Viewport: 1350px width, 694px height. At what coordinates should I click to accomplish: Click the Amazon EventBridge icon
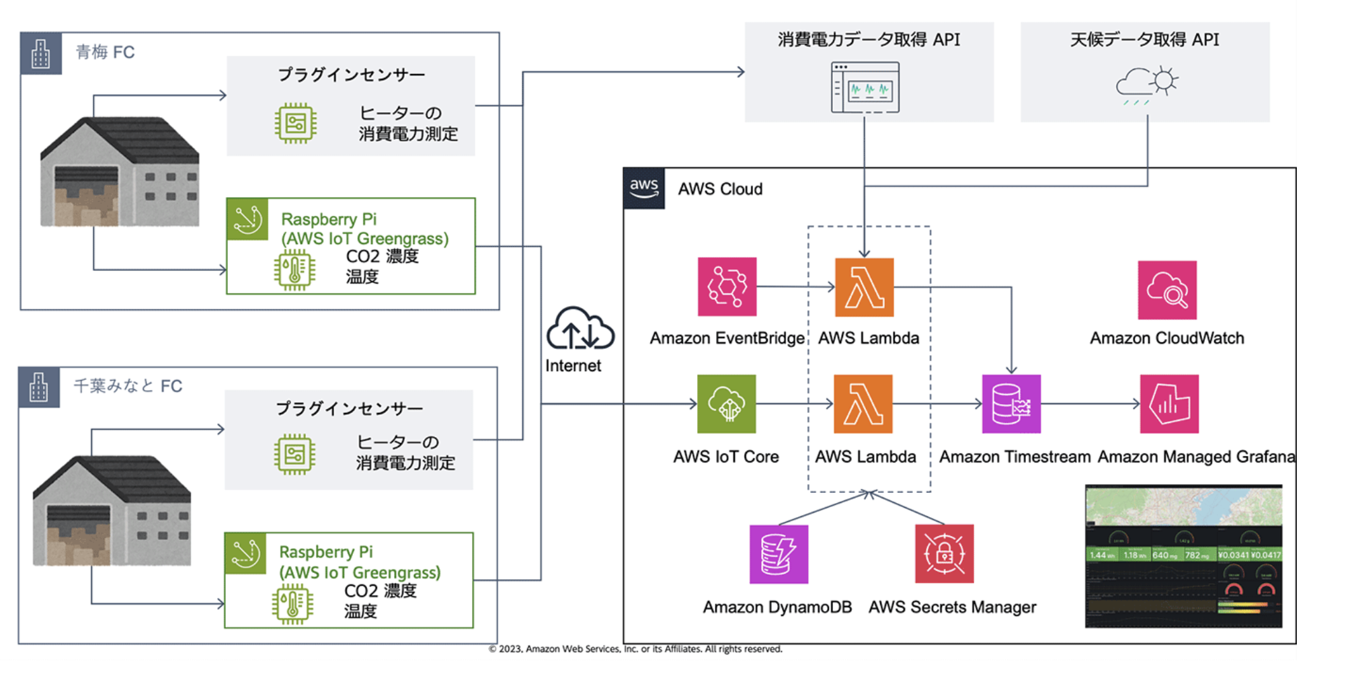click(727, 286)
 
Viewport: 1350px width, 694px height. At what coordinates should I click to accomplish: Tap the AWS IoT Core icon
click(726, 403)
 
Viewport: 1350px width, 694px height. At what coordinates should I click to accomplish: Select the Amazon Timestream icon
click(1011, 403)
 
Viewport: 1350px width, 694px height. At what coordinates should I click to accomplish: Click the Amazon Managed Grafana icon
click(1169, 403)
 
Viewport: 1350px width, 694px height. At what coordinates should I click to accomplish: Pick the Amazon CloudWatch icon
click(1167, 290)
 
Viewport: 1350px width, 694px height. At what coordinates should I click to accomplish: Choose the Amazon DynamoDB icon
click(779, 554)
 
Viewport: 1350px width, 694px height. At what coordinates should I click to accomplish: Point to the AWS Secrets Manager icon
click(944, 553)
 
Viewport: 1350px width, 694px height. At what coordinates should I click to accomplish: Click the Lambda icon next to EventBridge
click(864, 287)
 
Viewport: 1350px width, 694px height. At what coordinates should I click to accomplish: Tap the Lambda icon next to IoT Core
click(863, 403)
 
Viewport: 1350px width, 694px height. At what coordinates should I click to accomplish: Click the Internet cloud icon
click(580, 329)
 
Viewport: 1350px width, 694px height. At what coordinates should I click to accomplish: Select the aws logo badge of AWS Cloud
click(644, 188)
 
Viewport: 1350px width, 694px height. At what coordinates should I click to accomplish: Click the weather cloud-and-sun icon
click(1147, 85)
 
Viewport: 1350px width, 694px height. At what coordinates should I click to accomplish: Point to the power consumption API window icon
click(865, 87)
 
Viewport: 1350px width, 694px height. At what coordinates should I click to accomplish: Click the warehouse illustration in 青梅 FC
click(120, 172)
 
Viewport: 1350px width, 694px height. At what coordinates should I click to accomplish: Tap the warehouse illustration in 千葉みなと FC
click(112, 510)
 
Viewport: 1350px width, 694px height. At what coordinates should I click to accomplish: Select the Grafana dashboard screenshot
click(1183, 556)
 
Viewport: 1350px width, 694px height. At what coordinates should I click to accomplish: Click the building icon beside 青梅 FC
click(41, 53)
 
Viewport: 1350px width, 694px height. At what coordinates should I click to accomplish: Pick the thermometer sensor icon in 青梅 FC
click(294, 270)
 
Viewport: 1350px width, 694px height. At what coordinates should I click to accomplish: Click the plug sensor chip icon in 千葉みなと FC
click(294, 455)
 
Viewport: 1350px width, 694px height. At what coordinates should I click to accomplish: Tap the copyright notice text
click(635, 649)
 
